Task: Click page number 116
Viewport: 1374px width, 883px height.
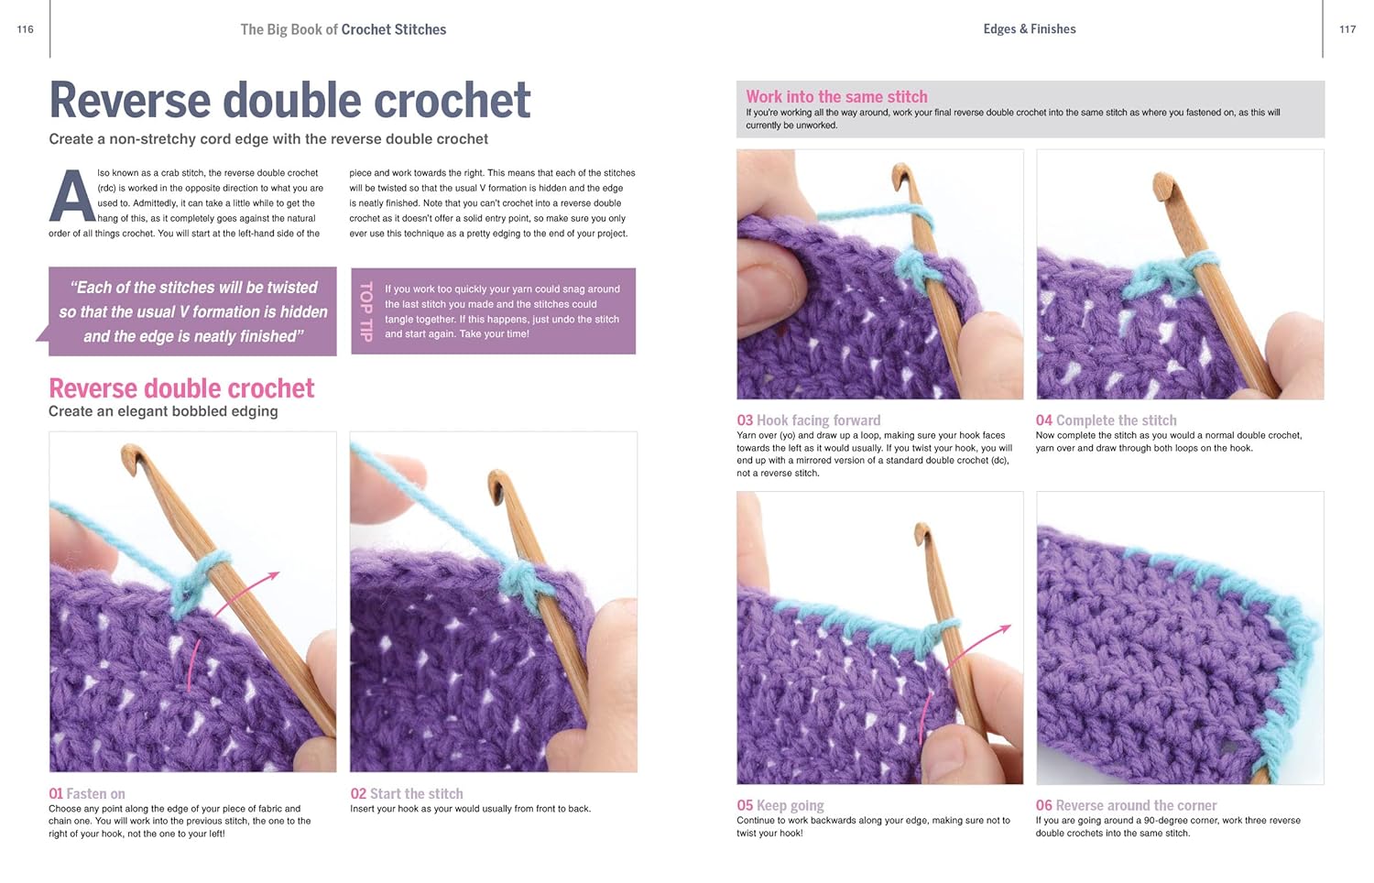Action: pyautogui.click(x=25, y=29)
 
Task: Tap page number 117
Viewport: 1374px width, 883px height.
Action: pyautogui.click(x=1347, y=29)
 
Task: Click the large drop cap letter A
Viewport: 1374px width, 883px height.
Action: pyautogui.click(x=71, y=196)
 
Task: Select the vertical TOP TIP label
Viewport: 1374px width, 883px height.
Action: pyautogui.click(x=366, y=311)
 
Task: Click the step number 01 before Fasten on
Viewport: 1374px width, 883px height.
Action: pyautogui.click(x=56, y=793)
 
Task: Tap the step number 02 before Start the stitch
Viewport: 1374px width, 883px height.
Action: pyautogui.click(x=358, y=793)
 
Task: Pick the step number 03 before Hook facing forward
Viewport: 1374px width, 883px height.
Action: pyautogui.click(x=745, y=420)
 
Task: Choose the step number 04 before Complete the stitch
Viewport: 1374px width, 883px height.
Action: pyautogui.click(x=1044, y=420)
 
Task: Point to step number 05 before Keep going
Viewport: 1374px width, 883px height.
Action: pyautogui.click(x=745, y=805)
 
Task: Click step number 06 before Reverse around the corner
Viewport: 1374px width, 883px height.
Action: pyautogui.click(x=1044, y=805)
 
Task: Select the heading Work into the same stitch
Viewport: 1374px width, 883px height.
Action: pyautogui.click(x=836, y=96)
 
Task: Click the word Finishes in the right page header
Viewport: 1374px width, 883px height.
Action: pyautogui.click(x=1052, y=28)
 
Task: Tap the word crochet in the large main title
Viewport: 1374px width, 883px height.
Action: pyautogui.click(x=453, y=100)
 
